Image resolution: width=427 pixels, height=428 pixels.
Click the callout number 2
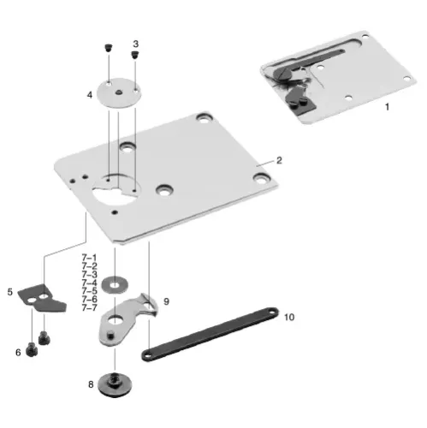[278, 160]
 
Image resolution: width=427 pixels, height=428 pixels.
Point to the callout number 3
[135, 43]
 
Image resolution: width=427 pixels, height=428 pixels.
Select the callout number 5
[10, 292]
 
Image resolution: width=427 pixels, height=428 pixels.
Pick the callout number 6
[18, 351]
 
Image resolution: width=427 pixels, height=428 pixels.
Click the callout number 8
[91, 384]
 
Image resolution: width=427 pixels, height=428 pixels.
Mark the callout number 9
[167, 301]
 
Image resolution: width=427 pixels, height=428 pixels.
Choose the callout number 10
[288, 317]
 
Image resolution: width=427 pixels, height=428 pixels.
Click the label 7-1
[90, 257]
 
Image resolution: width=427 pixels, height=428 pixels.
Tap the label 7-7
[90, 308]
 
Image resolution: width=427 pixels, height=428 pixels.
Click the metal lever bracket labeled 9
[125, 321]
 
